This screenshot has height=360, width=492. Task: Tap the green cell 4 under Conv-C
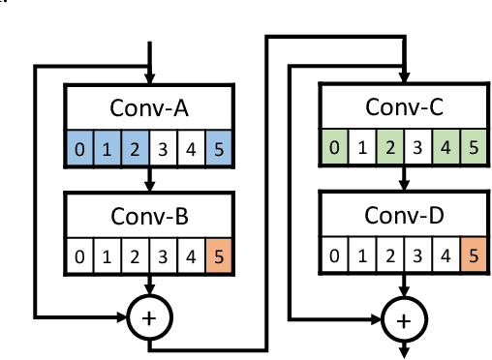[x=446, y=148]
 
